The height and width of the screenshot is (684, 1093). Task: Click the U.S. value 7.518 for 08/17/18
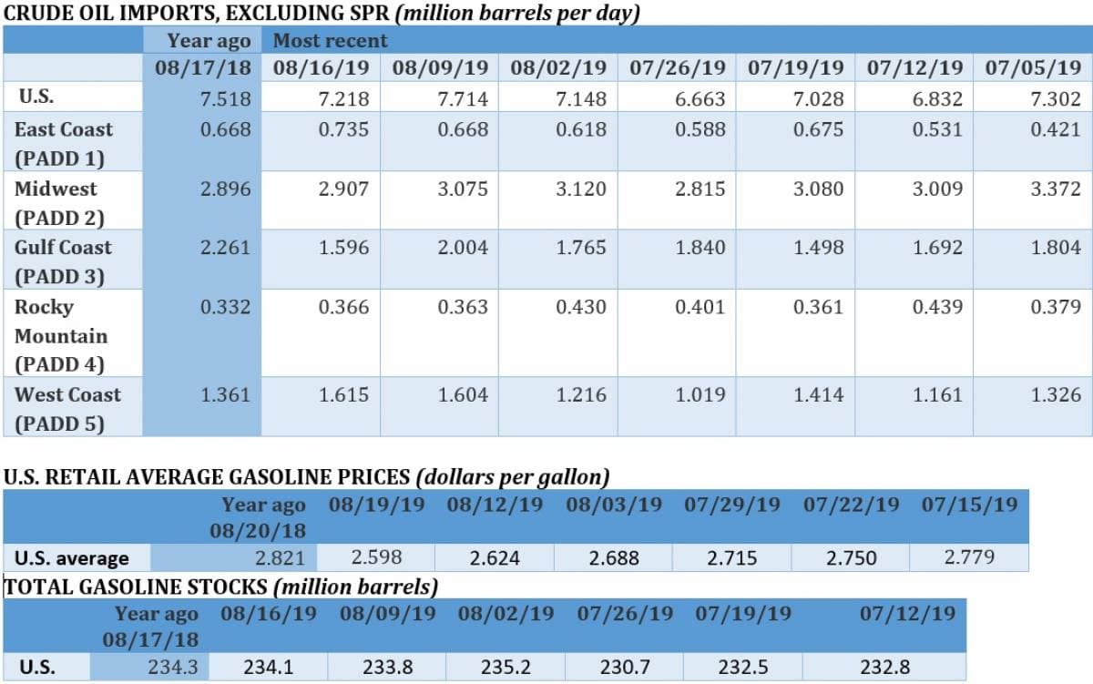coord(225,99)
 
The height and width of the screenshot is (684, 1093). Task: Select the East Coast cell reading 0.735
coord(343,129)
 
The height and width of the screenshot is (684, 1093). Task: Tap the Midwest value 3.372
coord(1056,189)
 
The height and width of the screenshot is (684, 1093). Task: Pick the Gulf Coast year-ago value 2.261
coord(225,248)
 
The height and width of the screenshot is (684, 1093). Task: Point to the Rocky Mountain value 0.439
coord(937,307)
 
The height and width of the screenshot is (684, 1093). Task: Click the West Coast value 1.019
coord(700,395)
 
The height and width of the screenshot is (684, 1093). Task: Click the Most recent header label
coord(330,41)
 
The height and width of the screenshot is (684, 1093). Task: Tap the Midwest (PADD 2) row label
coord(59,203)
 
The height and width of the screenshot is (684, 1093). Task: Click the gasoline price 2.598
coord(376,556)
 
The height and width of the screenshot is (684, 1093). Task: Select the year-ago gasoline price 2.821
coord(280,557)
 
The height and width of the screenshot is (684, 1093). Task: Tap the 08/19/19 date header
coord(376,505)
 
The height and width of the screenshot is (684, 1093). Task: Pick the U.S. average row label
coord(71,557)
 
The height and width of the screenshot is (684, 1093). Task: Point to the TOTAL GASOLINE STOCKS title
coord(221,587)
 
